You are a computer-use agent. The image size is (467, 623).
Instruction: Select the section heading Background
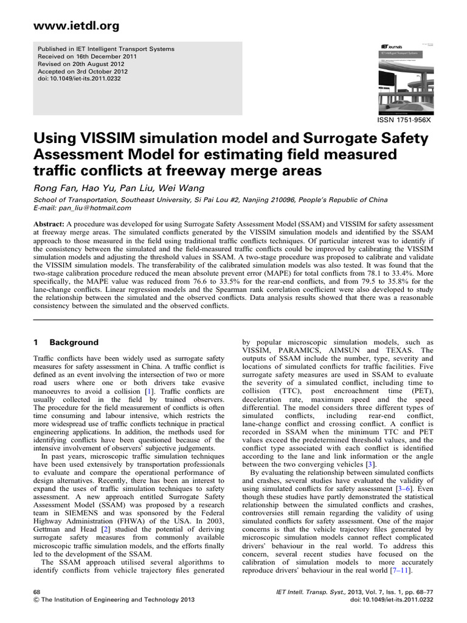tap(74, 343)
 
